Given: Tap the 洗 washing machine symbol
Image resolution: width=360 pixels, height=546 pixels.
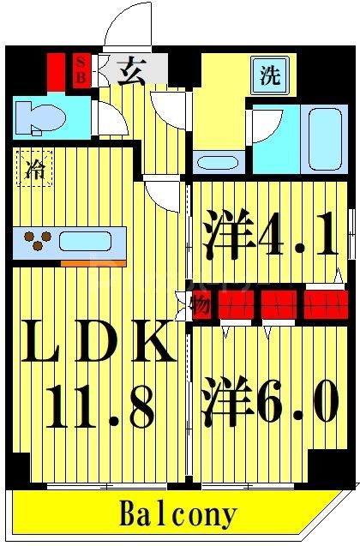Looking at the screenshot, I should click(x=270, y=75).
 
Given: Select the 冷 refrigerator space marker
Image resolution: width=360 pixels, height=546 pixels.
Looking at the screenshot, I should click(x=33, y=169).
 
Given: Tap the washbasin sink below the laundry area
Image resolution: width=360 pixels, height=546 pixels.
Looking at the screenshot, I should click(x=210, y=161).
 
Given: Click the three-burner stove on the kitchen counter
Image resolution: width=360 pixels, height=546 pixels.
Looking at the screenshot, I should click(x=36, y=241).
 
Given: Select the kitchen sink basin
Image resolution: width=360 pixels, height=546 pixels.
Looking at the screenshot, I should click(x=89, y=240).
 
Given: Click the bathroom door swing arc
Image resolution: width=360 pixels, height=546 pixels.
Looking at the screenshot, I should click(x=261, y=126).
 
